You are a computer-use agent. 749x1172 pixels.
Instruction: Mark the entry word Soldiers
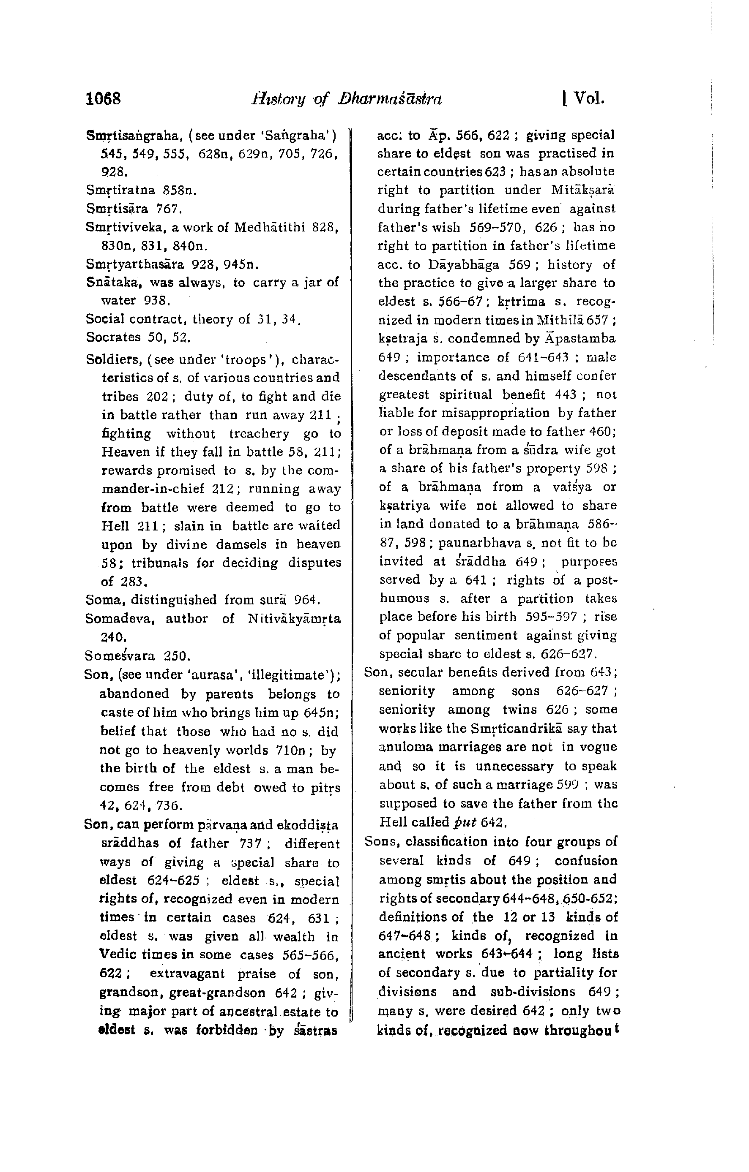112,360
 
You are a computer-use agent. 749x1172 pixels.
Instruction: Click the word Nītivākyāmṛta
294,619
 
